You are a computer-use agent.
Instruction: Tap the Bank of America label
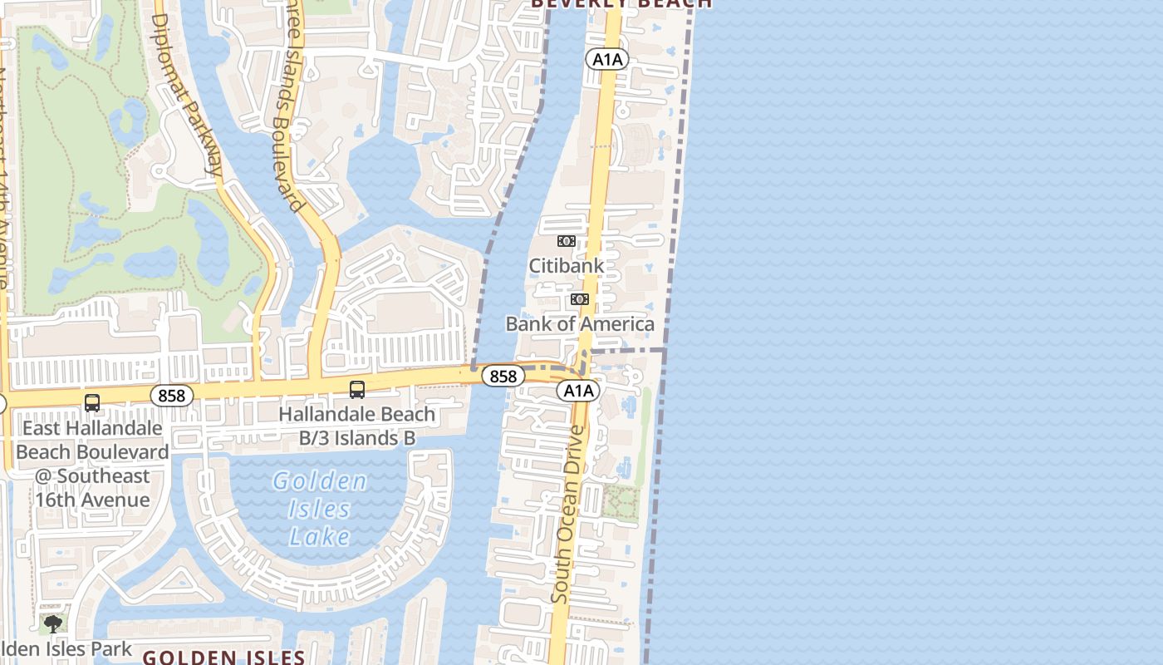pos(580,323)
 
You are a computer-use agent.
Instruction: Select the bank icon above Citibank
pos(566,241)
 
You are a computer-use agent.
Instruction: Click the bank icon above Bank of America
pos(580,299)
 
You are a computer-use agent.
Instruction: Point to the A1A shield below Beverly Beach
pos(607,59)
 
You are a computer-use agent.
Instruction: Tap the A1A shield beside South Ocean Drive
pos(578,391)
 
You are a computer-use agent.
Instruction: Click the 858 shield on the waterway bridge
pos(503,377)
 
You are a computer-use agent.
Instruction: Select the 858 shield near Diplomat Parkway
pos(172,396)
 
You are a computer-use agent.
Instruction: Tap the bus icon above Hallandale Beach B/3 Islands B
pos(357,389)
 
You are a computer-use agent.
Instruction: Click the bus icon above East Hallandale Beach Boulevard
pos(92,403)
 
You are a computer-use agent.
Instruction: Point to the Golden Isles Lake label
pos(320,509)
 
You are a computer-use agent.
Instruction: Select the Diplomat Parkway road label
pos(188,91)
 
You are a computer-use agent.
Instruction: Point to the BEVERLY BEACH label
pos(621,3)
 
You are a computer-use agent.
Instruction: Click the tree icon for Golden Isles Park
pos(53,623)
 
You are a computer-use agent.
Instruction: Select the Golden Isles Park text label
pos(66,648)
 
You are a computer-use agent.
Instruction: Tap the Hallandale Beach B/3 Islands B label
pos(356,426)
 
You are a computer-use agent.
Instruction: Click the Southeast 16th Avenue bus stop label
pos(92,464)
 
